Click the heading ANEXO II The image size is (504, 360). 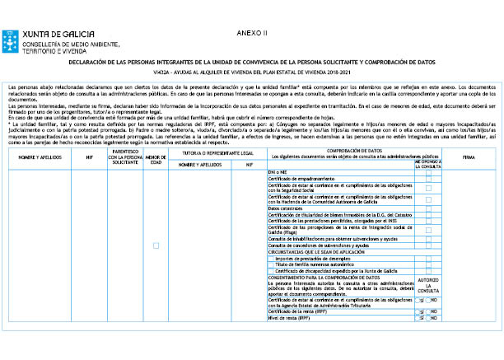click(252, 33)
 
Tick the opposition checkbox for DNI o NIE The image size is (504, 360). click(428, 172)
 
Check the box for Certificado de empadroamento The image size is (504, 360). click(428, 179)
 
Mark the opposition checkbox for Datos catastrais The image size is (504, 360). click(428, 209)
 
